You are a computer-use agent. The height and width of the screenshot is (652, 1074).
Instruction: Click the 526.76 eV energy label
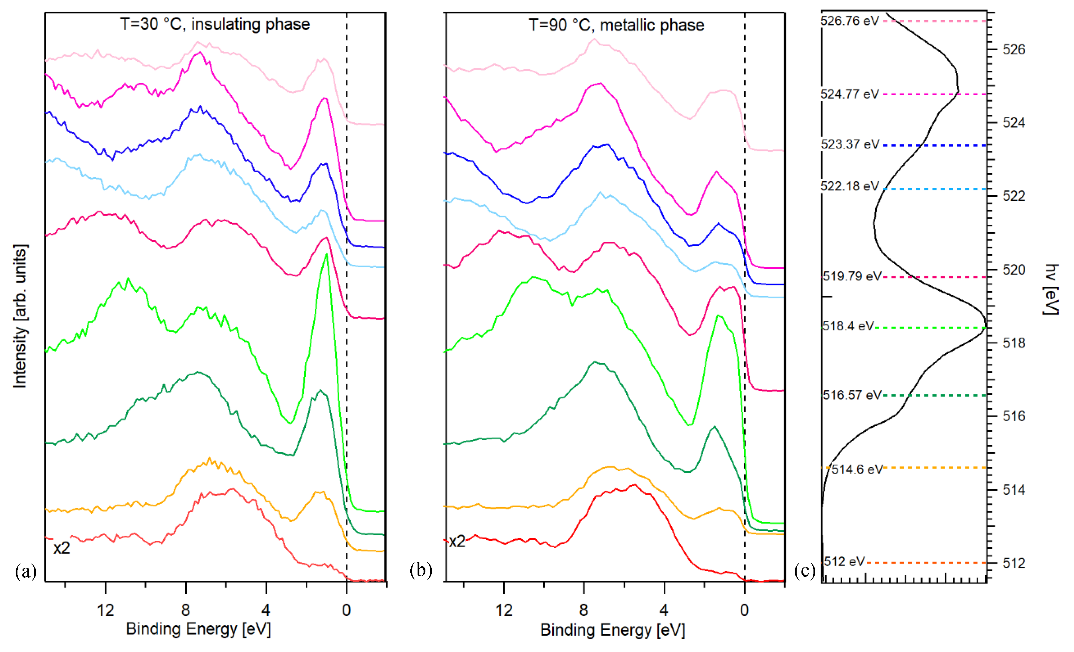click(x=850, y=21)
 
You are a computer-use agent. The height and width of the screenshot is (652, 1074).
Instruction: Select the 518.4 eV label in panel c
click(x=848, y=326)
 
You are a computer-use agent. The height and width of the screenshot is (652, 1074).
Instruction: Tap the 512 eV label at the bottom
click(x=844, y=562)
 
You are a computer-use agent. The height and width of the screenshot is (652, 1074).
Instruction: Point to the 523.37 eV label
click(x=850, y=144)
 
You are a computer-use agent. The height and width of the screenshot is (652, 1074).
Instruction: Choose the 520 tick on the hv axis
click(x=1014, y=270)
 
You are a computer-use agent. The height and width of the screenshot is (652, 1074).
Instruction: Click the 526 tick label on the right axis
click(x=1014, y=50)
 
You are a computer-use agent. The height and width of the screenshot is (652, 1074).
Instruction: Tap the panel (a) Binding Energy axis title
click(x=198, y=629)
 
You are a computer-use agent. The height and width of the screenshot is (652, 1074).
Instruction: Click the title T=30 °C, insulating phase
click(x=215, y=24)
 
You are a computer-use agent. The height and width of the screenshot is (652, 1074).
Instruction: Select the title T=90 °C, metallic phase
click(x=616, y=25)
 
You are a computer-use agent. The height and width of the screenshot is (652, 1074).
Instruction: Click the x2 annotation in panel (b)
click(x=457, y=542)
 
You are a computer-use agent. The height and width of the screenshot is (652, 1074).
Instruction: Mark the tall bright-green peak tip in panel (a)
click(x=326, y=254)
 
